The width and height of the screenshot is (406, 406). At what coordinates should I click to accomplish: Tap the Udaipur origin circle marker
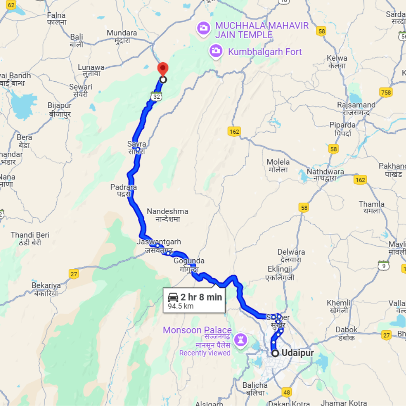coord(275,353)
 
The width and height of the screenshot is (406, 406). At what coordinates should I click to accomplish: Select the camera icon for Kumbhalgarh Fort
coord(216,51)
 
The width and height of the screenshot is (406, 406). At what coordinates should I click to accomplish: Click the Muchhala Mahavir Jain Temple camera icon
coord(203,28)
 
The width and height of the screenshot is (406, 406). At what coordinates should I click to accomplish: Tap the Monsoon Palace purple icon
coord(240,339)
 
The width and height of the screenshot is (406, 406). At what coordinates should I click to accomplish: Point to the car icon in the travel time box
coord(173,297)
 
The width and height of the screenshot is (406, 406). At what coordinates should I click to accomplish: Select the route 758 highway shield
coord(385,92)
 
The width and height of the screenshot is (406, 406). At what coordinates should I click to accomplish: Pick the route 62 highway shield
coord(11,6)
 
